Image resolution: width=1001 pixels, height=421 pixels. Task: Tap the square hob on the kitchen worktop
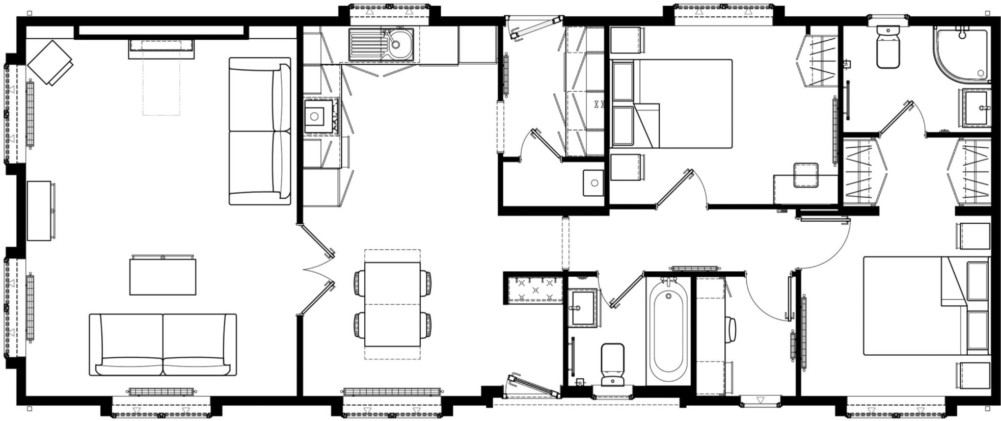315,117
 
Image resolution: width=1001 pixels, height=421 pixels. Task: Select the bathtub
668,332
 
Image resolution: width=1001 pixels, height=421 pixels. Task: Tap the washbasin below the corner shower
976,108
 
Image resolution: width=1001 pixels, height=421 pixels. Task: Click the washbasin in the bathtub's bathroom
583,307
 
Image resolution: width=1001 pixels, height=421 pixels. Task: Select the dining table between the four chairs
392,304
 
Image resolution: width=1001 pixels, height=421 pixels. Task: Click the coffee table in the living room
163,277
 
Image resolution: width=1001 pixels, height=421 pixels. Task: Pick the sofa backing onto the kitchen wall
260,131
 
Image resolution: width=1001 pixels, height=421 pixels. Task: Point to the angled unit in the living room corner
50,63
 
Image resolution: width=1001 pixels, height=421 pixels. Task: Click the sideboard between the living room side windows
40,210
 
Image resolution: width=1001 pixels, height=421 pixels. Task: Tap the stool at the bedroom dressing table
805,175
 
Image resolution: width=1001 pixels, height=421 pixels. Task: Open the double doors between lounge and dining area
317,269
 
